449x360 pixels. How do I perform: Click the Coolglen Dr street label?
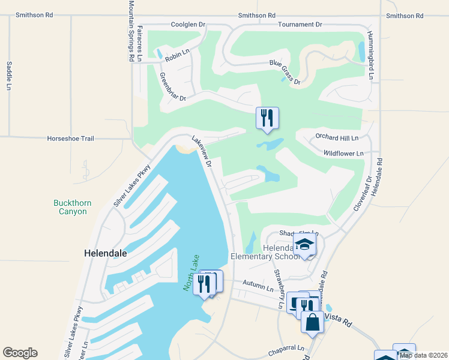pos(188,25)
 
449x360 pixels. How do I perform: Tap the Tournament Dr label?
pos(300,25)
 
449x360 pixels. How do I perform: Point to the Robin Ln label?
pos(177,54)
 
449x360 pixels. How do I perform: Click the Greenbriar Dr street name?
pos(173,87)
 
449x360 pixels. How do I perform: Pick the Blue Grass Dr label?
pos(285,71)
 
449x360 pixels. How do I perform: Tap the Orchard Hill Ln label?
pos(337,137)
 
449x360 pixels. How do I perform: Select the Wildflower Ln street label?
pos(343,154)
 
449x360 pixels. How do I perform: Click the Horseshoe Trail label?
pos(71,139)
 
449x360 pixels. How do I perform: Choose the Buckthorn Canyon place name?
pos(72,207)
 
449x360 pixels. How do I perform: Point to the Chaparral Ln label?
pos(288,348)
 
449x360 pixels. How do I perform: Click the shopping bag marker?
pos(313,321)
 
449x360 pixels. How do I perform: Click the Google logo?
pos(20,353)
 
